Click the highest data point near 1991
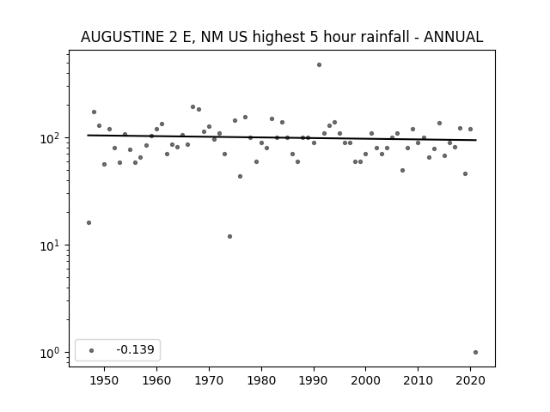(319, 65)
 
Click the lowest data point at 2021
(475, 353)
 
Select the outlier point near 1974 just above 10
(229, 237)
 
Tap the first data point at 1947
(89, 223)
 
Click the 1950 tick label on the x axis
(104, 380)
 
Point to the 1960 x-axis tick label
(156, 380)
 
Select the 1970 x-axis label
(209, 380)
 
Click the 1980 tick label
(261, 380)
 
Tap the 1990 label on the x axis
(314, 380)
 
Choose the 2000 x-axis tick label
(366, 380)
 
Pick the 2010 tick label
(419, 380)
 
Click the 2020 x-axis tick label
(470, 380)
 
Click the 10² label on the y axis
(52, 138)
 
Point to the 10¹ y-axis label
(52, 246)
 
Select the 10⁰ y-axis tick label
(52, 353)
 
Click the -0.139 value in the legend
(136, 349)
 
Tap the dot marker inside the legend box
(92, 350)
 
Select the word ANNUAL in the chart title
(453, 37)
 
